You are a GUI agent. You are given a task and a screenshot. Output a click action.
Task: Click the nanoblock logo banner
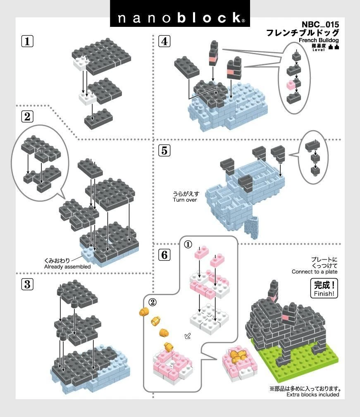[x=180, y=13]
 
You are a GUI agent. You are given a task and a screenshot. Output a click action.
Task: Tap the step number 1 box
[x=27, y=41]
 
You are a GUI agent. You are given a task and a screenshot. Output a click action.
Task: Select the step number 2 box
[x=27, y=117]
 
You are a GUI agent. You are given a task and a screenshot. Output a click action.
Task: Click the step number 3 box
[x=27, y=284]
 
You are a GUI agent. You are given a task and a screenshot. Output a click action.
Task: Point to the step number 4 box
[x=165, y=41]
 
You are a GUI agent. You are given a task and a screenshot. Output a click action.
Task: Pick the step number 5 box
[x=165, y=150]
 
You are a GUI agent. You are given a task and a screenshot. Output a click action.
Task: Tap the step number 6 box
[x=165, y=255]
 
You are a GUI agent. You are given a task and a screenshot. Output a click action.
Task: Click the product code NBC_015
[x=320, y=24]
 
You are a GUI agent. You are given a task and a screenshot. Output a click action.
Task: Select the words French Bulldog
[x=319, y=40]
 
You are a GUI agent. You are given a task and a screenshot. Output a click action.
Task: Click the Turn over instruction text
[x=185, y=200]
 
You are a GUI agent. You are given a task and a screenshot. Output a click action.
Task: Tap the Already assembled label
[x=67, y=267]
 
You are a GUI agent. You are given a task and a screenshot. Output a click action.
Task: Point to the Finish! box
[x=324, y=288]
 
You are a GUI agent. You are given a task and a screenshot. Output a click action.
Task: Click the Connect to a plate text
[x=315, y=272]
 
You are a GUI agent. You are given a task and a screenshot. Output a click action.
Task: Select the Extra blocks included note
[x=312, y=395]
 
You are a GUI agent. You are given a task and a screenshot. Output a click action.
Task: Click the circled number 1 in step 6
[x=188, y=244]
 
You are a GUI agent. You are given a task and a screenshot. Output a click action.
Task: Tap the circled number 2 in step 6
[x=153, y=302]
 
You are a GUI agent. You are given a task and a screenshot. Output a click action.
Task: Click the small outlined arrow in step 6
[x=188, y=336]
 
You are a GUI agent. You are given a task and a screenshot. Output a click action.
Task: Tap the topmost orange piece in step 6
[x=144, y=312]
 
